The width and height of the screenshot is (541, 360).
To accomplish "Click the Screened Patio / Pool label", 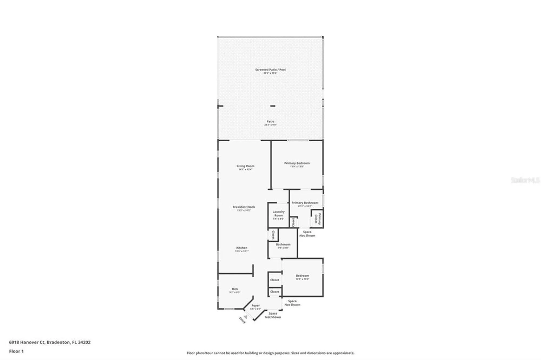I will [270, 70].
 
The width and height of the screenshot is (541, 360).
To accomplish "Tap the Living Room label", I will [245, 166].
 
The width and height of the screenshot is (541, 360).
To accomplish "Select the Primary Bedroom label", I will [297, 163].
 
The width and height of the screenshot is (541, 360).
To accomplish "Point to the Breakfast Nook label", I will [244, 207].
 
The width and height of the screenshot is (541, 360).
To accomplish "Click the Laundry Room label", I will [278, 214].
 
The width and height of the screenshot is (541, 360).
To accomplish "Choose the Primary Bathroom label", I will [305, 203].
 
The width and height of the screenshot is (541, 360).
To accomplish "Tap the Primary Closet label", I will [318, 219].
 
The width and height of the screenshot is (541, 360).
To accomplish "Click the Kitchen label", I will [242, 248].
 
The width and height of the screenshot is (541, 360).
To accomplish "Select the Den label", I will [235, 289].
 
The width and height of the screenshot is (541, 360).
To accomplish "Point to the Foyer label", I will [256, 306].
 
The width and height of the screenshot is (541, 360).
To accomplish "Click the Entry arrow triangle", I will [245, 317].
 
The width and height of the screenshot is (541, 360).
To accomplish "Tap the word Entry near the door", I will [242, 320].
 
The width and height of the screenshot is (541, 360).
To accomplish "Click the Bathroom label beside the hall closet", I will [283, 245].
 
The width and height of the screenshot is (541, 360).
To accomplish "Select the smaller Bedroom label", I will [302, 276].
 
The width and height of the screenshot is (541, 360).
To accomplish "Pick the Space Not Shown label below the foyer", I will [273, 315].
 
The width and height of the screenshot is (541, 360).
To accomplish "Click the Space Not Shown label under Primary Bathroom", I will [307, 234].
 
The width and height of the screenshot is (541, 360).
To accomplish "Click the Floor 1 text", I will [16, 351].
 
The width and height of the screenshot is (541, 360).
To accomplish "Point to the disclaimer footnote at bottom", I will [270, 353].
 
